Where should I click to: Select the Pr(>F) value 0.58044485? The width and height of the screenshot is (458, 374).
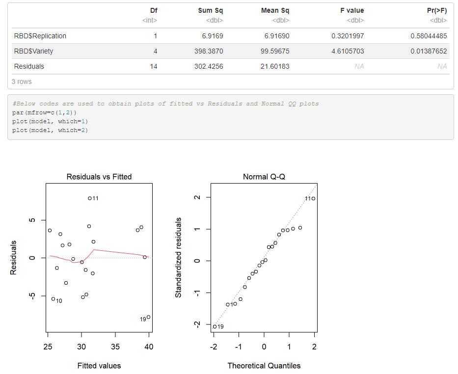429,36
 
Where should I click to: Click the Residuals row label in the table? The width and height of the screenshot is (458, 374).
29,66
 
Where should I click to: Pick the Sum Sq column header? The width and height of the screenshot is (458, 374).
210,10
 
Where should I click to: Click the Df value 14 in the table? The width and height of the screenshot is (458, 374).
154,66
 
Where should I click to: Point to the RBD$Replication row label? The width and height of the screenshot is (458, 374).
40,36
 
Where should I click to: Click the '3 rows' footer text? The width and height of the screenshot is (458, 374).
22,81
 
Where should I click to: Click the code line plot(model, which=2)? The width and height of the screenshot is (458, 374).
50,130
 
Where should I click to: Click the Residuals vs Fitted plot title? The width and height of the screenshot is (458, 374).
99,177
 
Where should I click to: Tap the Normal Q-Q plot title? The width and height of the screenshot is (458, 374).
264,177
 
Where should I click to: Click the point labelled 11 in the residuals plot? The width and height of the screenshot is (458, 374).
90,198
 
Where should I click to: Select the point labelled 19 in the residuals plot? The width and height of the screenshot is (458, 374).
148,317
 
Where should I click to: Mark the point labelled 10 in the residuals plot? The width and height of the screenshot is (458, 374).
53,299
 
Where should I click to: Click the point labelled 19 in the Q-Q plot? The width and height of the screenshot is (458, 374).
215,326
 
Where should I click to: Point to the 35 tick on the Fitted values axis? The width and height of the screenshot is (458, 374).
115,347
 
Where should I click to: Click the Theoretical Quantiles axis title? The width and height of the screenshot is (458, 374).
264,366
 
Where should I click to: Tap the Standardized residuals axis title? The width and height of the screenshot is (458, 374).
179,258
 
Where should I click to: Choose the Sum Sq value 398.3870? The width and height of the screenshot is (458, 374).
210,51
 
